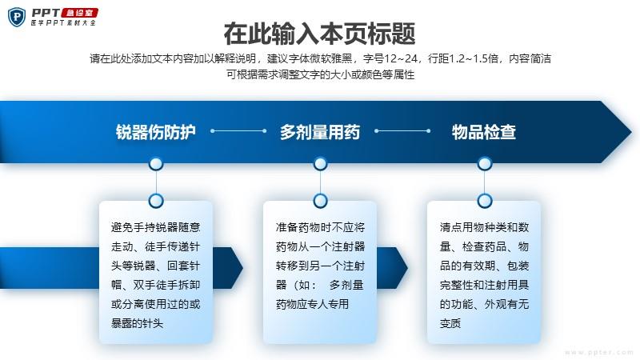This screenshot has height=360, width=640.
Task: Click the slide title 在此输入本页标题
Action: point(319,34)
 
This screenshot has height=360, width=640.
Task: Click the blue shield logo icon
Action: point(17,17)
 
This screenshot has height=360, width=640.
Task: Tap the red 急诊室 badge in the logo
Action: point(79,13)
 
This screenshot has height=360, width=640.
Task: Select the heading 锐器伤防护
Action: point(156,132)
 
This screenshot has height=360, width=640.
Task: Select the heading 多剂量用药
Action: point(319,132)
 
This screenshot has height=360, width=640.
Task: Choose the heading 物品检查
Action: point(484,132)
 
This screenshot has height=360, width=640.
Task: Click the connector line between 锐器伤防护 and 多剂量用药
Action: point(238,131)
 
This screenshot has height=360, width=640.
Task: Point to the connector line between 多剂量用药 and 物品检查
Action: point(402,131)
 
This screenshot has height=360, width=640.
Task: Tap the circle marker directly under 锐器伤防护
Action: point(156,164)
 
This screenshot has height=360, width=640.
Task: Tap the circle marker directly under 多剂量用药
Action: point(320,164)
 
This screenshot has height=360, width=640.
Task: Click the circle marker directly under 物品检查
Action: point(485,164)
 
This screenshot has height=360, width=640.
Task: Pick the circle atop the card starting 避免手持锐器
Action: point(156,201)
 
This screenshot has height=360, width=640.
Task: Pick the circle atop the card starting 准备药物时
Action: point(320,201)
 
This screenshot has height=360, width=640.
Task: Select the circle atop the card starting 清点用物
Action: point(485,201)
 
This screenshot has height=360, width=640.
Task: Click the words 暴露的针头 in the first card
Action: point(137,323)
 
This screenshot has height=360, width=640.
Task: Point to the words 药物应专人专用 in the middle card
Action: point(312,304)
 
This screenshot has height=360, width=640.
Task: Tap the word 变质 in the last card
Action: point(450,323)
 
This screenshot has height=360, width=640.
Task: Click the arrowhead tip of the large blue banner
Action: point(632,131)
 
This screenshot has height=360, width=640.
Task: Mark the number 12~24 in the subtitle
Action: point(401,58)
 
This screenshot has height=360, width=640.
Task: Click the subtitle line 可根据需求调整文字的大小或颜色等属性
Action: point(321,74)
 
